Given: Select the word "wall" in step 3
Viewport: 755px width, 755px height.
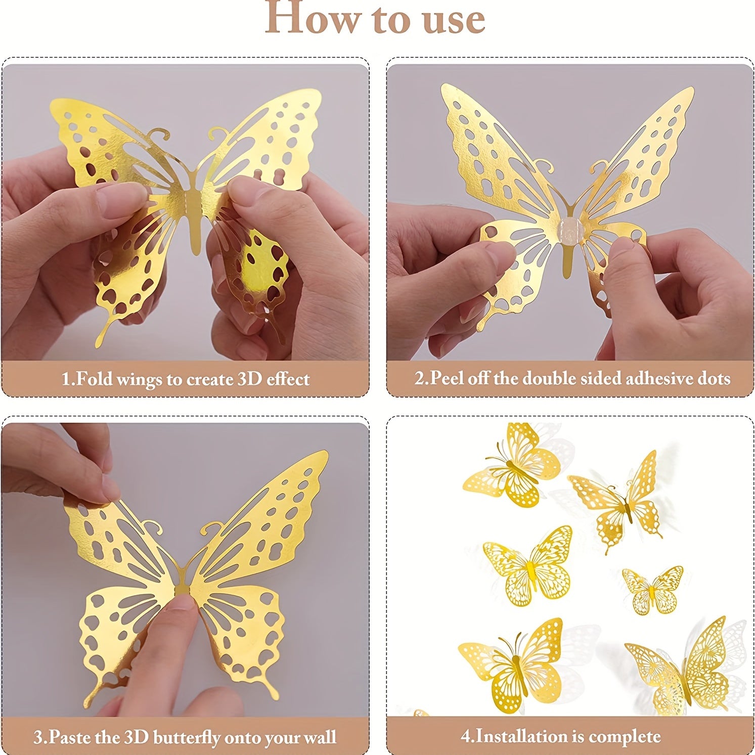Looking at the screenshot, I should point(320,737).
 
